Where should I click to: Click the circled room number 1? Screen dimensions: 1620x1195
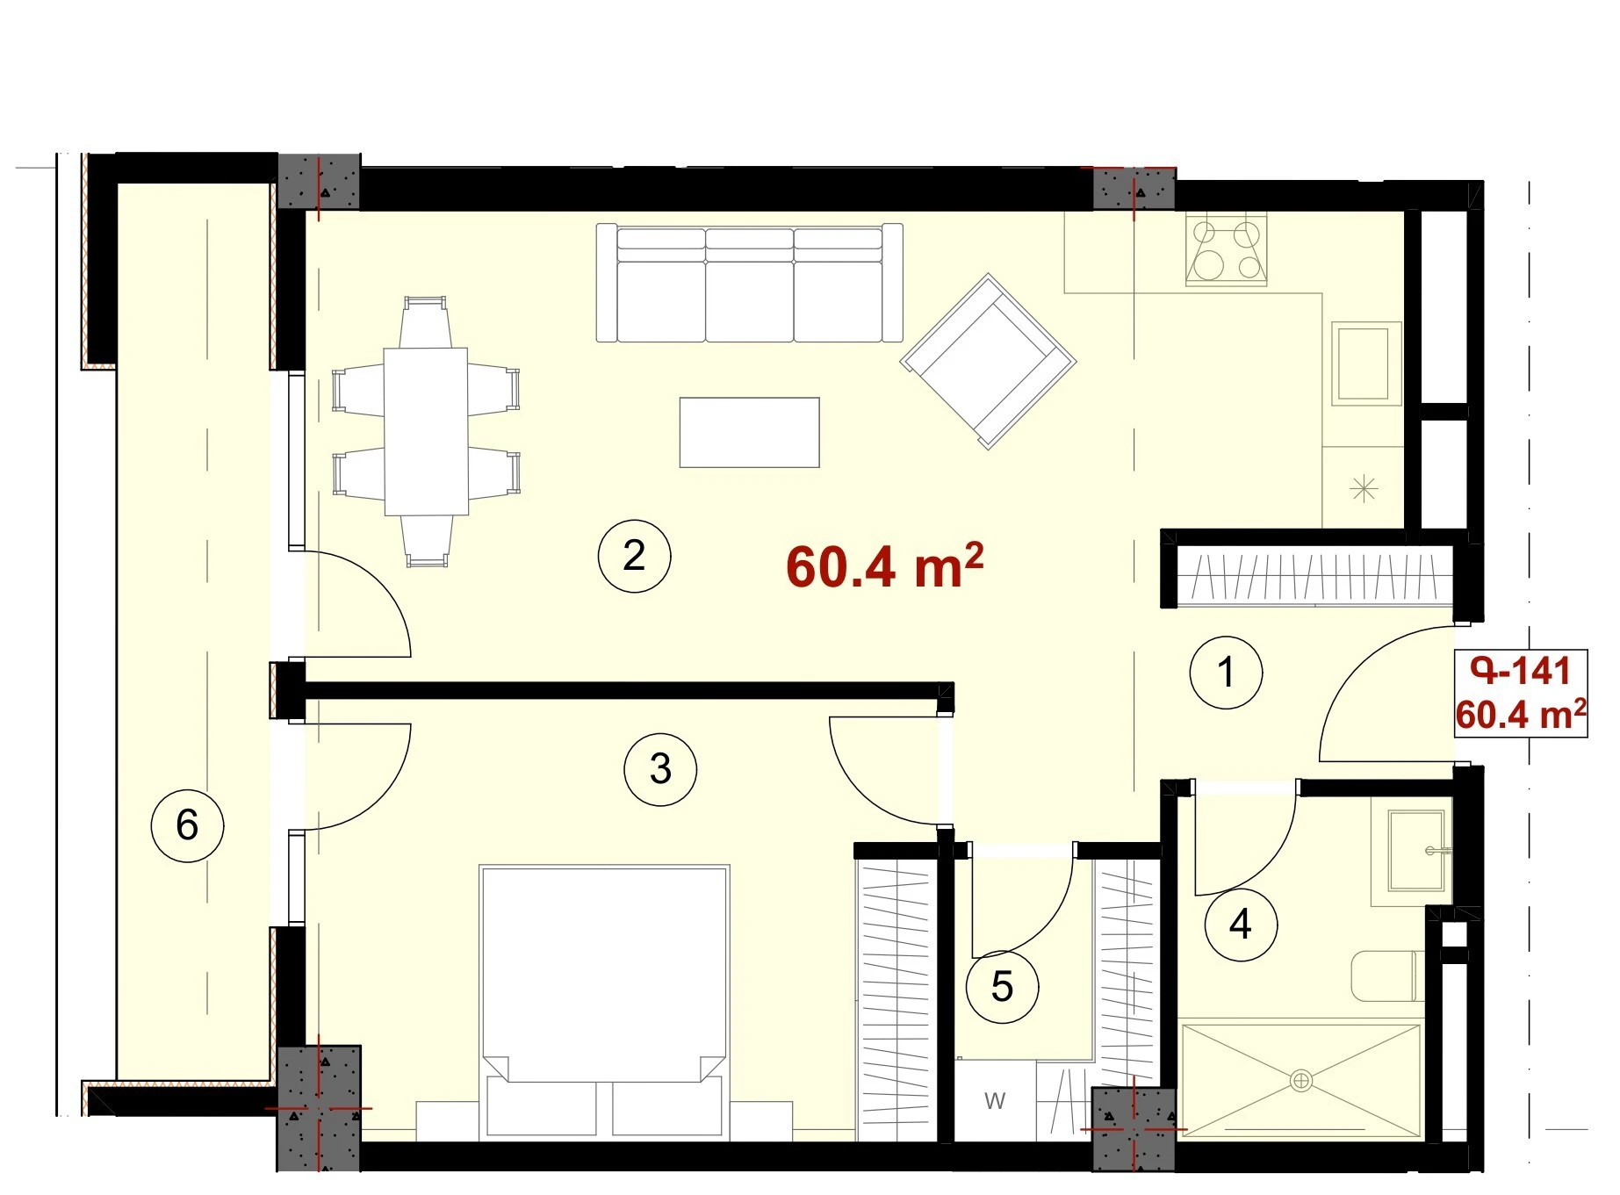1226,673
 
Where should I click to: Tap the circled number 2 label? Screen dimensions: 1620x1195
634,556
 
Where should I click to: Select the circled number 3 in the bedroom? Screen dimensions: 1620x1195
660,769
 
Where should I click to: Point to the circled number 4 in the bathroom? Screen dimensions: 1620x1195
1241,924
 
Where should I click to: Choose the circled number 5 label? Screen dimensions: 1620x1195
1002,987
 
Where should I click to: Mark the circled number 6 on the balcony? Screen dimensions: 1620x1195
187,825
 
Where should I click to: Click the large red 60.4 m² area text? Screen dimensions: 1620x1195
884,566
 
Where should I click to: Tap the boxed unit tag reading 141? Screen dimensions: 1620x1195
1521,694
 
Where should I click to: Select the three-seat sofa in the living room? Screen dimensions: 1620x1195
749,283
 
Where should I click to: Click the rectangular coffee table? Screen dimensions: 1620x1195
749,432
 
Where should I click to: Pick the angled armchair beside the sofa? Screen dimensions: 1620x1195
988,361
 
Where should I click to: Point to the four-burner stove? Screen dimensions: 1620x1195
1227,250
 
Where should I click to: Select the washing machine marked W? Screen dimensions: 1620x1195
995,1101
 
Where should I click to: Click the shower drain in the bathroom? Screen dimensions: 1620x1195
1301,1080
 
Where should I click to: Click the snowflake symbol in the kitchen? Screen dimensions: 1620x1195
1364,488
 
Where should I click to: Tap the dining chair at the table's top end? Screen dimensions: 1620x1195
425,322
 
